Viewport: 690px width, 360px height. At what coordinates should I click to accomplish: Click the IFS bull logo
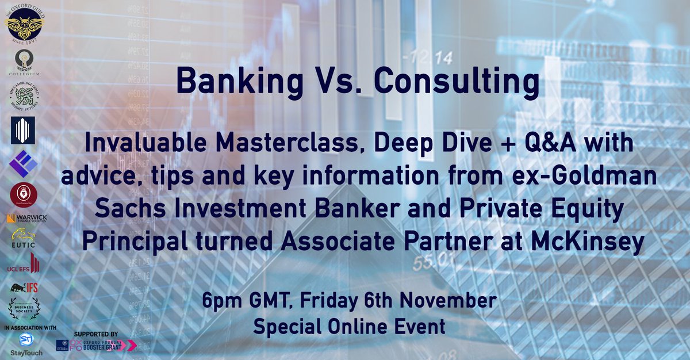[23, 286]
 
